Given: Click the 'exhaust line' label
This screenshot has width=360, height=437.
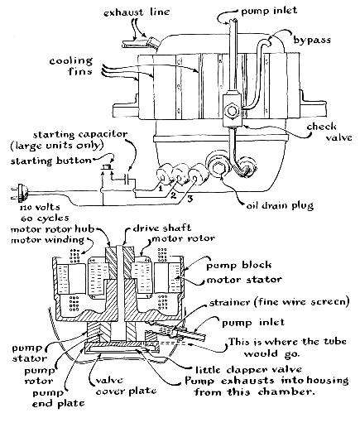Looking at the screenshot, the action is (137, 12).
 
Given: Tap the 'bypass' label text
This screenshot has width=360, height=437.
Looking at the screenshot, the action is (312, 40).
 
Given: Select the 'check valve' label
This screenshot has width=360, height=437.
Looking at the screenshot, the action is (329, 132).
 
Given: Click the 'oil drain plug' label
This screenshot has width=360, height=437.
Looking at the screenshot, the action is (280, 206).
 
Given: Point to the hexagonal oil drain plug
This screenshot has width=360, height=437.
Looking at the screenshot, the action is (218, 167).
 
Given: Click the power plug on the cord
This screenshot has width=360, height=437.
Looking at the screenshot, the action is (22, 193).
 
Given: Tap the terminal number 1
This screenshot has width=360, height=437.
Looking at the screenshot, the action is (161, 189).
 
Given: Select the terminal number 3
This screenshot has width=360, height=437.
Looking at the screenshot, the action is (190, 199).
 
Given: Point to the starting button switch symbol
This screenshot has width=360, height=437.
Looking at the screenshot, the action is (106, 167).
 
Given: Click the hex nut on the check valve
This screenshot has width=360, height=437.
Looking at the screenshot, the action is (231, 110).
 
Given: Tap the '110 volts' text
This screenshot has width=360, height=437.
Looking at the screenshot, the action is (40, 208).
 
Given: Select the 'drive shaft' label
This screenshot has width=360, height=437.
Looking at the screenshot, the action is (162, 228).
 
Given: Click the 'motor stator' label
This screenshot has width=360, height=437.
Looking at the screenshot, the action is (244, 279).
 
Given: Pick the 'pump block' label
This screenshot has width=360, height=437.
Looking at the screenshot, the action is (239, 265).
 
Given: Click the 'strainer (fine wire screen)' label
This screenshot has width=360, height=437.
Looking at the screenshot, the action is (279, 302).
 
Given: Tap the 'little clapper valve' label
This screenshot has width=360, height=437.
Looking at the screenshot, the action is (248, 370).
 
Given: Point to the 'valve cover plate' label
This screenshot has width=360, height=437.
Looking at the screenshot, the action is (126, 386).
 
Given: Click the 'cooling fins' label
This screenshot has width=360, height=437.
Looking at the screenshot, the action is (71, 66).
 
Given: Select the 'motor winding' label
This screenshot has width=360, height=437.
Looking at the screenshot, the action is (47, 240).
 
